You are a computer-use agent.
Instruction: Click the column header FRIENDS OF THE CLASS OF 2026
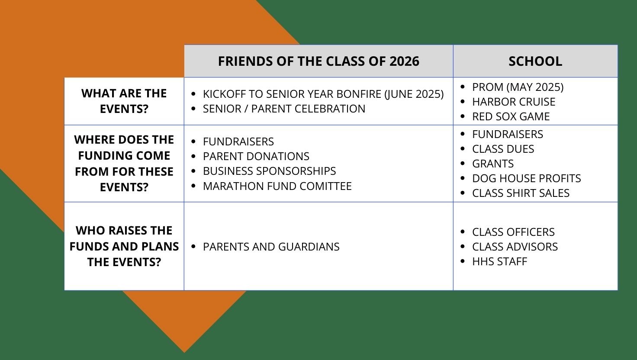(x=318, y=61)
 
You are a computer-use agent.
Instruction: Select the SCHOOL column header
(x=535, y=61)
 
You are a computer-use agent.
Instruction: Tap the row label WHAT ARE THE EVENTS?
(x=124, y=101)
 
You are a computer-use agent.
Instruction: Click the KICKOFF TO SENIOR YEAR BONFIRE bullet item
(x=323, y=94)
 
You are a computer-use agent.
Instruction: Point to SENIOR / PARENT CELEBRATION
(x=284, y=109)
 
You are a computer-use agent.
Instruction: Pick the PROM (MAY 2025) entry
(x=518, y=87)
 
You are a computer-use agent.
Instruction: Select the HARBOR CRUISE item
(x=514, y=102)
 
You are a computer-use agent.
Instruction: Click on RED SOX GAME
(x=511, y=116)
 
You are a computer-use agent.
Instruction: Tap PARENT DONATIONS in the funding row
(x=256, y=156)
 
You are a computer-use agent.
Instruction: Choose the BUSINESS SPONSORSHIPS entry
(x=269, y=171)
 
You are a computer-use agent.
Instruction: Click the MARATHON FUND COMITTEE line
(x=277, y=186)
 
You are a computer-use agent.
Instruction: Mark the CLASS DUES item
(x=503, y=149)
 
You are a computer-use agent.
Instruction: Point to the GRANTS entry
(x=493, y=164)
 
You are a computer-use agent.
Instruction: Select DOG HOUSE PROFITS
(x=526, y=178)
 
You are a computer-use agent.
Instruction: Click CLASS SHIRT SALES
(x=521, y=193)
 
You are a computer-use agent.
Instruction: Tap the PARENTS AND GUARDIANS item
(x=271, y=247)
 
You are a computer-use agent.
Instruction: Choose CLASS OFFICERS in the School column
(x=513, y=232)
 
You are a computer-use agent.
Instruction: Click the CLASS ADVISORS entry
(x=515, y=247)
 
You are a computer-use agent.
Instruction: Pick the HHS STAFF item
(x=499, y=261)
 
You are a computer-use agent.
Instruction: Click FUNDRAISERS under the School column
(x=507, y=134)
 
